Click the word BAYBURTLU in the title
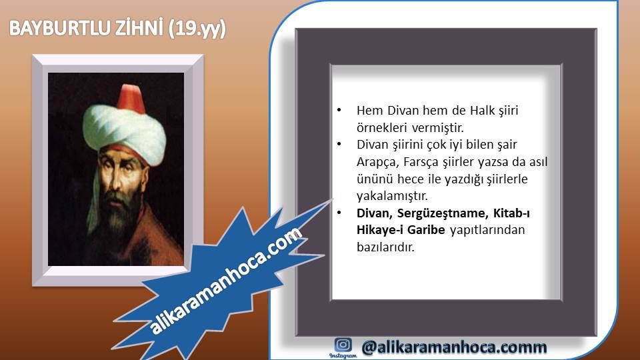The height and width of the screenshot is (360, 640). pyautogui.click(x=54, y=29)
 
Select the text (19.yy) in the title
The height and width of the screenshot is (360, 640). pyautogui.click(x=197, y=29)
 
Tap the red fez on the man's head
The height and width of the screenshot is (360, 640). pyautogui.click(x=131, y=99)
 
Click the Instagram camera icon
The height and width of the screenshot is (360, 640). pyautogui.click(x=343, y=345)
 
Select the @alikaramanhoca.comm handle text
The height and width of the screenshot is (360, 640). pyautogui.click(x=454, y=347)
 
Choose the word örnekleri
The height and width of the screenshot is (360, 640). pyautogui.click(x=381, y=128)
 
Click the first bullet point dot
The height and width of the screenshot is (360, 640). pyautogui.click(x=339, y=110)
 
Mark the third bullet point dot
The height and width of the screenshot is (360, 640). pyautogui.click(x=339, y=213)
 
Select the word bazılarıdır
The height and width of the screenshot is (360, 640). pyautogui.click(x=385, y=247)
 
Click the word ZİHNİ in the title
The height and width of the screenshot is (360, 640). pyautogui.click(x=134, y=28)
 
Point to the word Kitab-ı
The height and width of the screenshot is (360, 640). pyautogui.click(x=511, y=213)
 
